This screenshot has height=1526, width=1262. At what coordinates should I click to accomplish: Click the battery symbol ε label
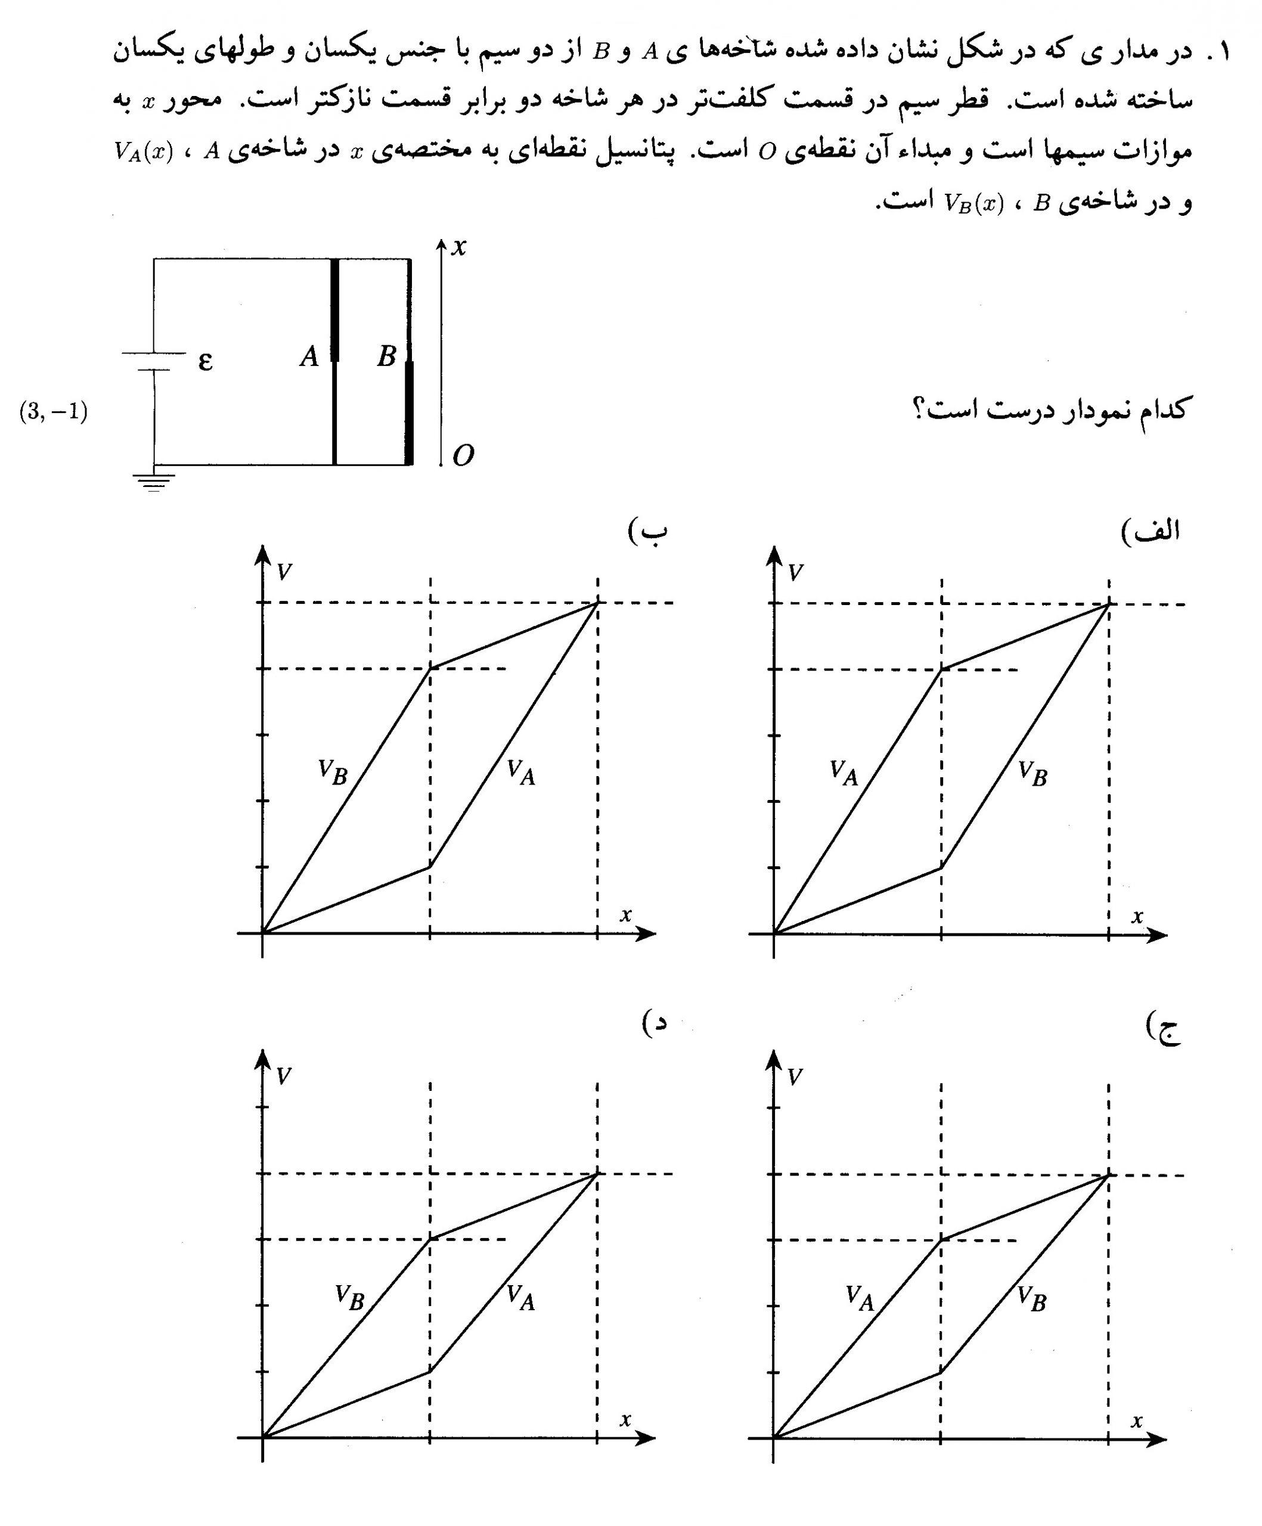tap(205, 361)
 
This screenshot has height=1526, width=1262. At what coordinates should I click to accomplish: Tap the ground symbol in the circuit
tap(153, 481)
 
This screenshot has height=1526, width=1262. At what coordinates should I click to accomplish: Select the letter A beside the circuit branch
tap(309, 356)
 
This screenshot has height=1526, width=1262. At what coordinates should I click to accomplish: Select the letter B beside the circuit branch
tap(386, 356)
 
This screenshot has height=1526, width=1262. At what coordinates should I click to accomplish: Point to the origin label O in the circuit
tap(463, 455)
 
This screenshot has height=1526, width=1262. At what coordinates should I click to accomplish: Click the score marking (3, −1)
tap(53, 412)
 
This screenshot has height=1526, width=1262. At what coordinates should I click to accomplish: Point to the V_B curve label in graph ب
tap(333, 772)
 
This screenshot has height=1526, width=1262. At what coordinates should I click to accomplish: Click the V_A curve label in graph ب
tap(521, 773)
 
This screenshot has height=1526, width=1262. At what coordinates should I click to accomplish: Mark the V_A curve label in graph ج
tap(860, 1298)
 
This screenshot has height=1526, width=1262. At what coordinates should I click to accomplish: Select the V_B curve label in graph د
tap(349, 1297)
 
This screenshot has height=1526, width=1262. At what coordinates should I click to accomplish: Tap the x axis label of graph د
tap(625, 1420)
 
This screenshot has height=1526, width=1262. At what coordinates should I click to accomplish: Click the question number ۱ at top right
tap(1224, 52)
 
